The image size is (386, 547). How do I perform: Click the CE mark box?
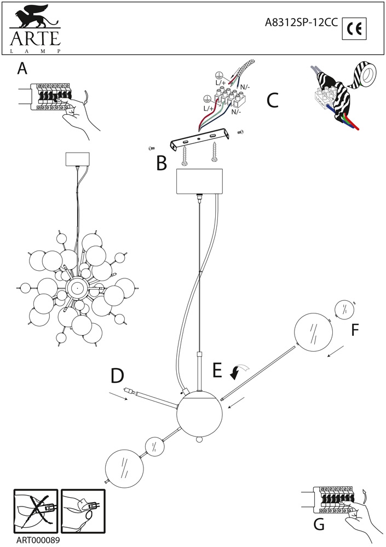pyautogui.click(x=354, y=28)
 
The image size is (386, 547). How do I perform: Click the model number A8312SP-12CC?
pyautogui.click(x=301, y=22)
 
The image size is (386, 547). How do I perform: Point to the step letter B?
pyautogui.click(x=161, y=163)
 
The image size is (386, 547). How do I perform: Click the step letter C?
pyautogui.click(x=272, y=101)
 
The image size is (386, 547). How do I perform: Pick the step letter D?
pyautogui.click(x=118, y=376)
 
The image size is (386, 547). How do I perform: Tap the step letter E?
pyautogui.click(x=217, y=370)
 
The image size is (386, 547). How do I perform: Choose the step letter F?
pyautogui.click(x=355, y=330)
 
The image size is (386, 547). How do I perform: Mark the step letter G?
pyautogui.click(x=319, y=525)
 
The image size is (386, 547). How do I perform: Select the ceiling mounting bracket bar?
pyautogui.click(x=200, y=140)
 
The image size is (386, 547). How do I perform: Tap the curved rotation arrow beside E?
pyautogui.click(x=239, y=371)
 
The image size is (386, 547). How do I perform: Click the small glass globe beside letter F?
pyautogui.click(x=343, y=309)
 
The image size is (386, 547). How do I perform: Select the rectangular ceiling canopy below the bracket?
pyautogui.click(x=199, y=182)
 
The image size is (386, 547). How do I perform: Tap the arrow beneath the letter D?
pyautogui.click(x=119, y=395)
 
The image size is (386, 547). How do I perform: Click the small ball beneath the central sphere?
pyautogui.click(x=199, y=440)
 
